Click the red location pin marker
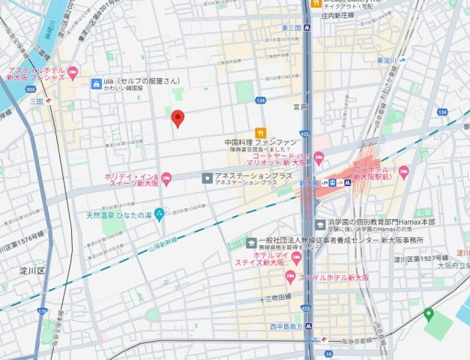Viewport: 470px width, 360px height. click(177, 118)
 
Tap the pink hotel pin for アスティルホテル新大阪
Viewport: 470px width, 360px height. click(73, 73)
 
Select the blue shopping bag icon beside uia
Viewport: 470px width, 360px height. click(96, 84)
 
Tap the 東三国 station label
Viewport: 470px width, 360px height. click(292, 28)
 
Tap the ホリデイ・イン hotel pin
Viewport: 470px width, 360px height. click(166, 178)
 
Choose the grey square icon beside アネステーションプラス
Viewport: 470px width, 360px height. click(206, 178)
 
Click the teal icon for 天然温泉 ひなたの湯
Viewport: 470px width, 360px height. click(158, 214)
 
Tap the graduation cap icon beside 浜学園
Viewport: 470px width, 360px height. click(319, 223)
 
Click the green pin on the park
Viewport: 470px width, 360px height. click(428, 313)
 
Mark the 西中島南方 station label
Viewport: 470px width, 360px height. click(285, 327)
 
